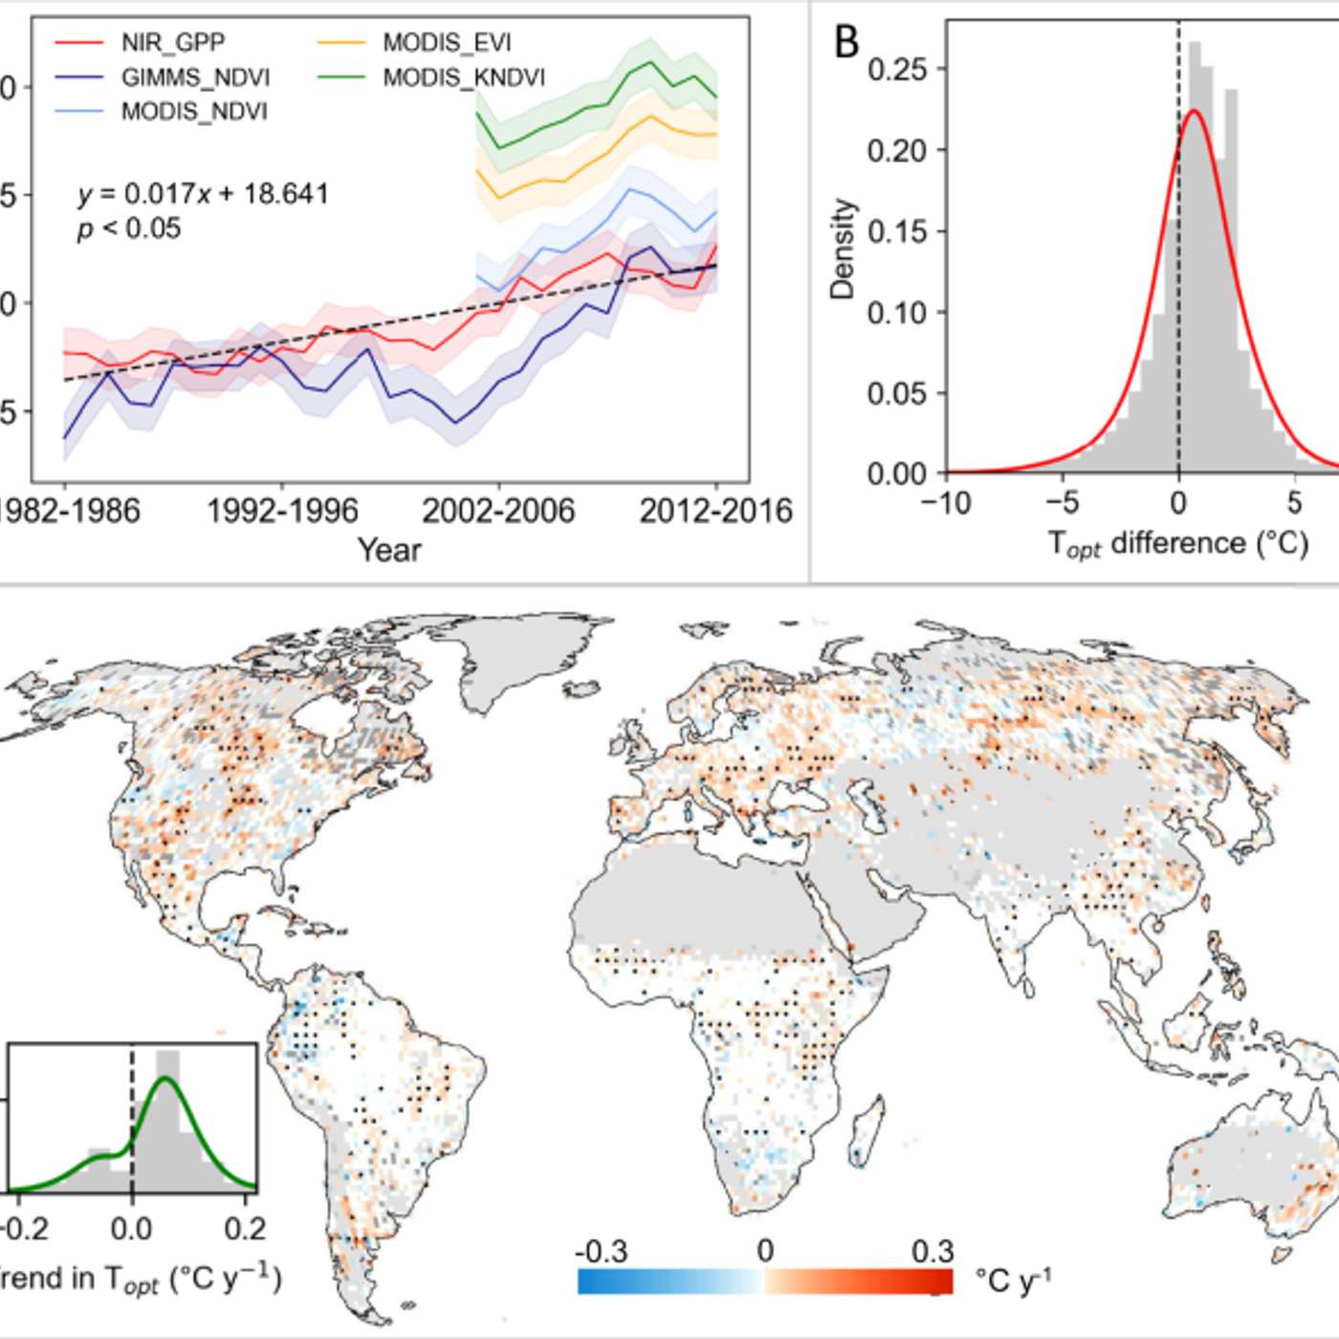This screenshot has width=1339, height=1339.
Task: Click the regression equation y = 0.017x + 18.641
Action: coord(204,194)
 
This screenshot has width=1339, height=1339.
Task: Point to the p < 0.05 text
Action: coord(129,229)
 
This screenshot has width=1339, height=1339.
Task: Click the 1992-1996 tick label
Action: coord(282,511)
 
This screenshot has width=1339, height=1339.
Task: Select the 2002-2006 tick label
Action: coord(498,511)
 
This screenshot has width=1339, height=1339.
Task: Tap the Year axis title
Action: coord(389,550)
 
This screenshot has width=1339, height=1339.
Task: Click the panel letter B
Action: coord(846,43)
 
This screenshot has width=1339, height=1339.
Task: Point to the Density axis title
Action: coord(843,249)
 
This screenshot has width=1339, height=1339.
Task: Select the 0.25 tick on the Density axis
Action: coord(896,69)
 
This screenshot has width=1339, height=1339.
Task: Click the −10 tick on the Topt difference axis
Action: coord(946,502)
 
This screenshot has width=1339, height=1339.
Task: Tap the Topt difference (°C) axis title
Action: coord(1177,543)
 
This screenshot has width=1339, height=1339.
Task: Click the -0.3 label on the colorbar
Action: coord(601,1252)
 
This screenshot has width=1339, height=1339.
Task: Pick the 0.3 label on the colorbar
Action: coord(933,1252)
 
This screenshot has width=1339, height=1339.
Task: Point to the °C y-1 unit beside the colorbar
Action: coord(1013,1280)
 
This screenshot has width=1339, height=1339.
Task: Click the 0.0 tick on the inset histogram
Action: coord(131,1228)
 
